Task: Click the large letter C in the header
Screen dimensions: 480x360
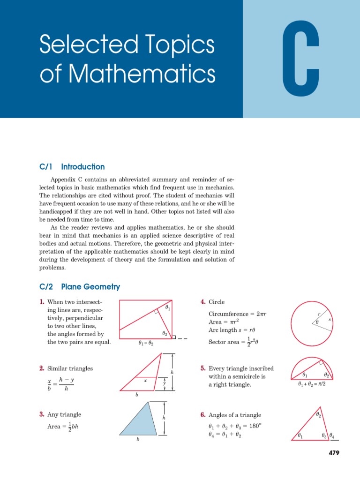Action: [x=301, y=59]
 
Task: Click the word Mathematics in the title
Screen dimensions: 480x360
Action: [x=127, y=75]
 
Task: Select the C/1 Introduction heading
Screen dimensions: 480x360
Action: [x=72, y=167]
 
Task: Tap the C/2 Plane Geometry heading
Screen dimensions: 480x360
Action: [x=80, y=287]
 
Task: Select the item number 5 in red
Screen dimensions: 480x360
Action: [x=202, y=369]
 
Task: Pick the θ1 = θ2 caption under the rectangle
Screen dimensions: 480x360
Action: [x=146, y=344]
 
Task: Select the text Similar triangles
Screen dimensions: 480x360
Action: [x=70, y=369]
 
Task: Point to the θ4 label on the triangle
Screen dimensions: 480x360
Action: [x=332, y=436]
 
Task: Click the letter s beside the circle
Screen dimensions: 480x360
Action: [x=330, y=319]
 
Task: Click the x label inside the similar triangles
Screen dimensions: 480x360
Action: [x=145, y=381]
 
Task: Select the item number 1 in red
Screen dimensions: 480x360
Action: [x=42, y=302]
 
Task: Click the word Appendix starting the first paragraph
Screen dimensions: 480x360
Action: [x=63, y=180]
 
